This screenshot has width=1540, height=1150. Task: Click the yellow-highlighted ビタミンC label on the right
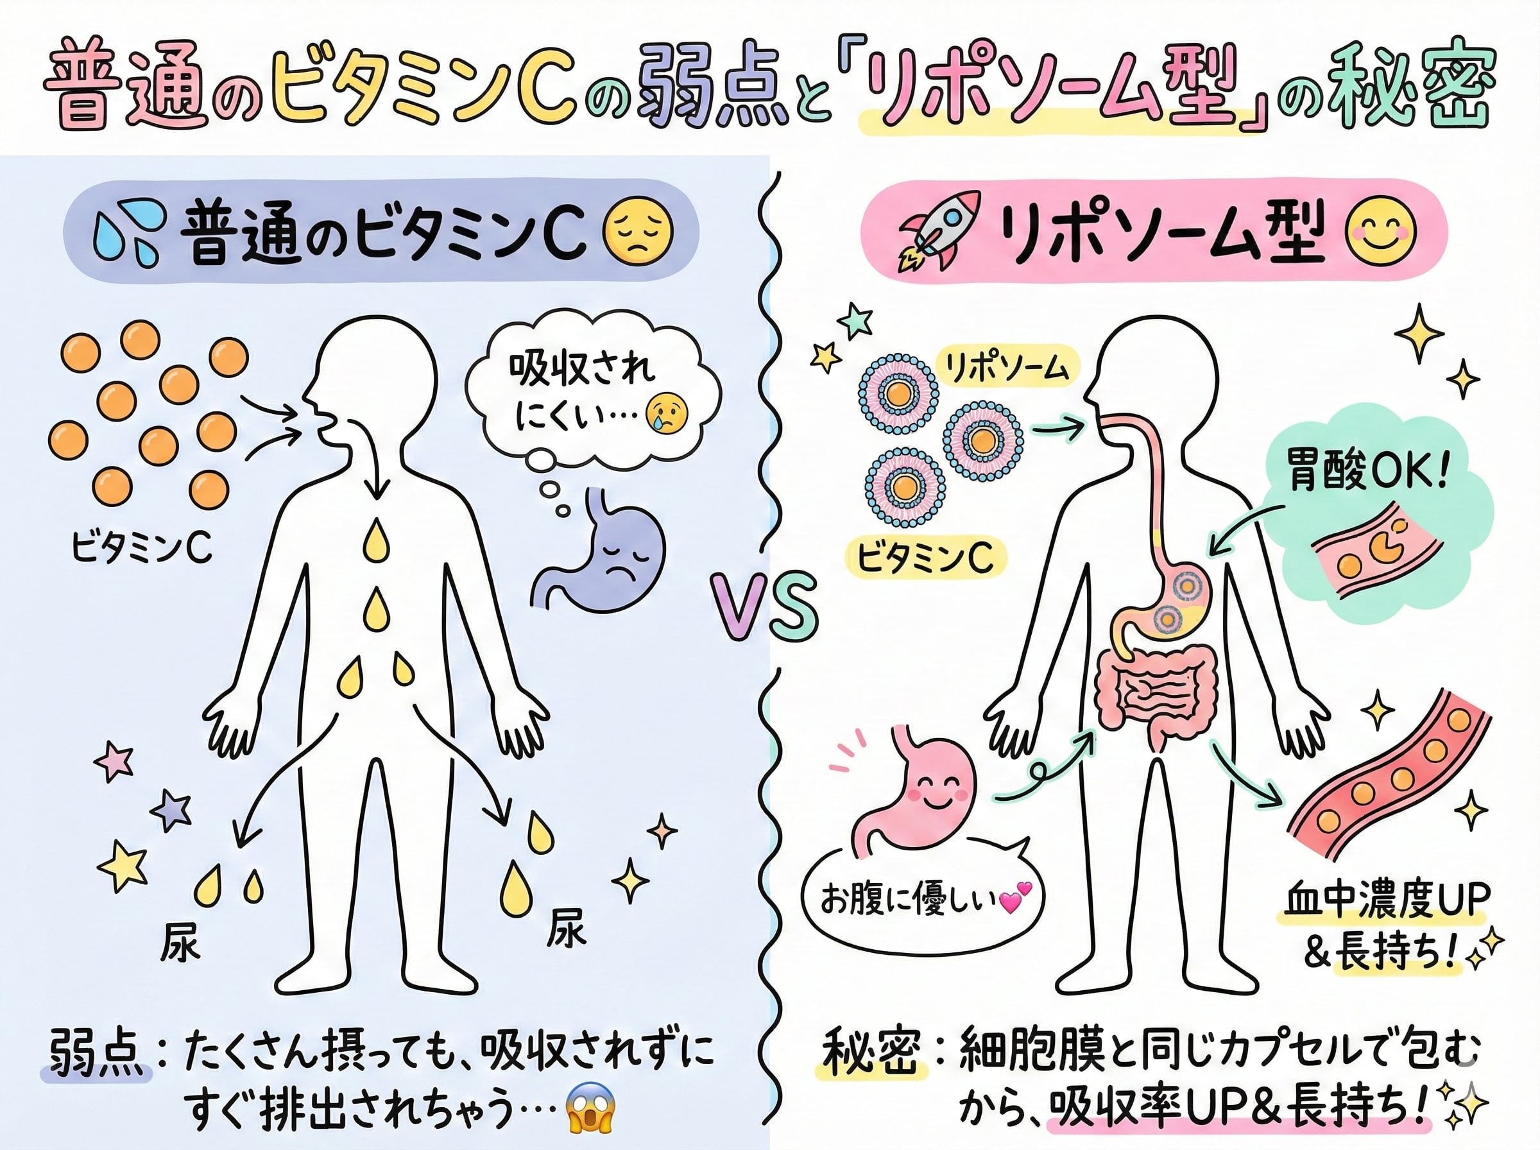point(925,558)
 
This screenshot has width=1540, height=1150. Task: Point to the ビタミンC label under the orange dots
point(142,549)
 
